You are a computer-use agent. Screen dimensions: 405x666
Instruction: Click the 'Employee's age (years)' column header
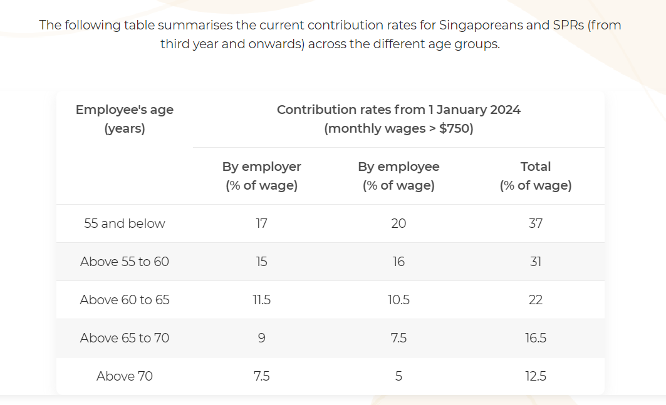[x=124, y=119]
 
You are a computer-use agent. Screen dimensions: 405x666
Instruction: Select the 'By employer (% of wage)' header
[x=261, y=176]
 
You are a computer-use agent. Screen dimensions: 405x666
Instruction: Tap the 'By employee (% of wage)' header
[x=398, y=176]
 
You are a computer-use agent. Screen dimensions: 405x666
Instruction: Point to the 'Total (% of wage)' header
[x=536, y=176]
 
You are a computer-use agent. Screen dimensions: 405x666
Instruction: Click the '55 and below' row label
[x=124, y=223]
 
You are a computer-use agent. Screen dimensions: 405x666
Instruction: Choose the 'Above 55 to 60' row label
[x=124, y=262]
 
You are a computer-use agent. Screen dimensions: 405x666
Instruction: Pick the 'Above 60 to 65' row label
[x=124, y=300]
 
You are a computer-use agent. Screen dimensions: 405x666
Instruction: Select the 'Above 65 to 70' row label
[x=124, y=338]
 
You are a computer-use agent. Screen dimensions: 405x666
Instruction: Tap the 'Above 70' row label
[x=124, y=376]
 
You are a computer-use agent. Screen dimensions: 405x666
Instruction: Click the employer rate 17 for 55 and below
[x=261, y=223]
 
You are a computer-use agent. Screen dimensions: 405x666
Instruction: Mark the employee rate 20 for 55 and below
[x=398, y=223]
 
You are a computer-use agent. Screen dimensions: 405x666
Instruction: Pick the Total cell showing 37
[x=536, y=223]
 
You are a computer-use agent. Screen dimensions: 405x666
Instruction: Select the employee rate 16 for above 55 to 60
[x=398, y=262]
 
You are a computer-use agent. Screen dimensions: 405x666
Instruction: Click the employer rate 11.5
[x=261, y=300]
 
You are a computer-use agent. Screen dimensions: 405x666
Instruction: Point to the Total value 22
[x=536, y=300]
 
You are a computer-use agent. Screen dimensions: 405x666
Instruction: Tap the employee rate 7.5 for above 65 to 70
[x=398, y=338]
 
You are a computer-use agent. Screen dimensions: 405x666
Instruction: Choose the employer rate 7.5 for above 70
[x=261, y=376]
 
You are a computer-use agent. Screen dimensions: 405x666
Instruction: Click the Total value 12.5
[x=536, y=376]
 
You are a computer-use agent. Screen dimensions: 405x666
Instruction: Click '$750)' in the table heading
[x=455, y=129]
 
